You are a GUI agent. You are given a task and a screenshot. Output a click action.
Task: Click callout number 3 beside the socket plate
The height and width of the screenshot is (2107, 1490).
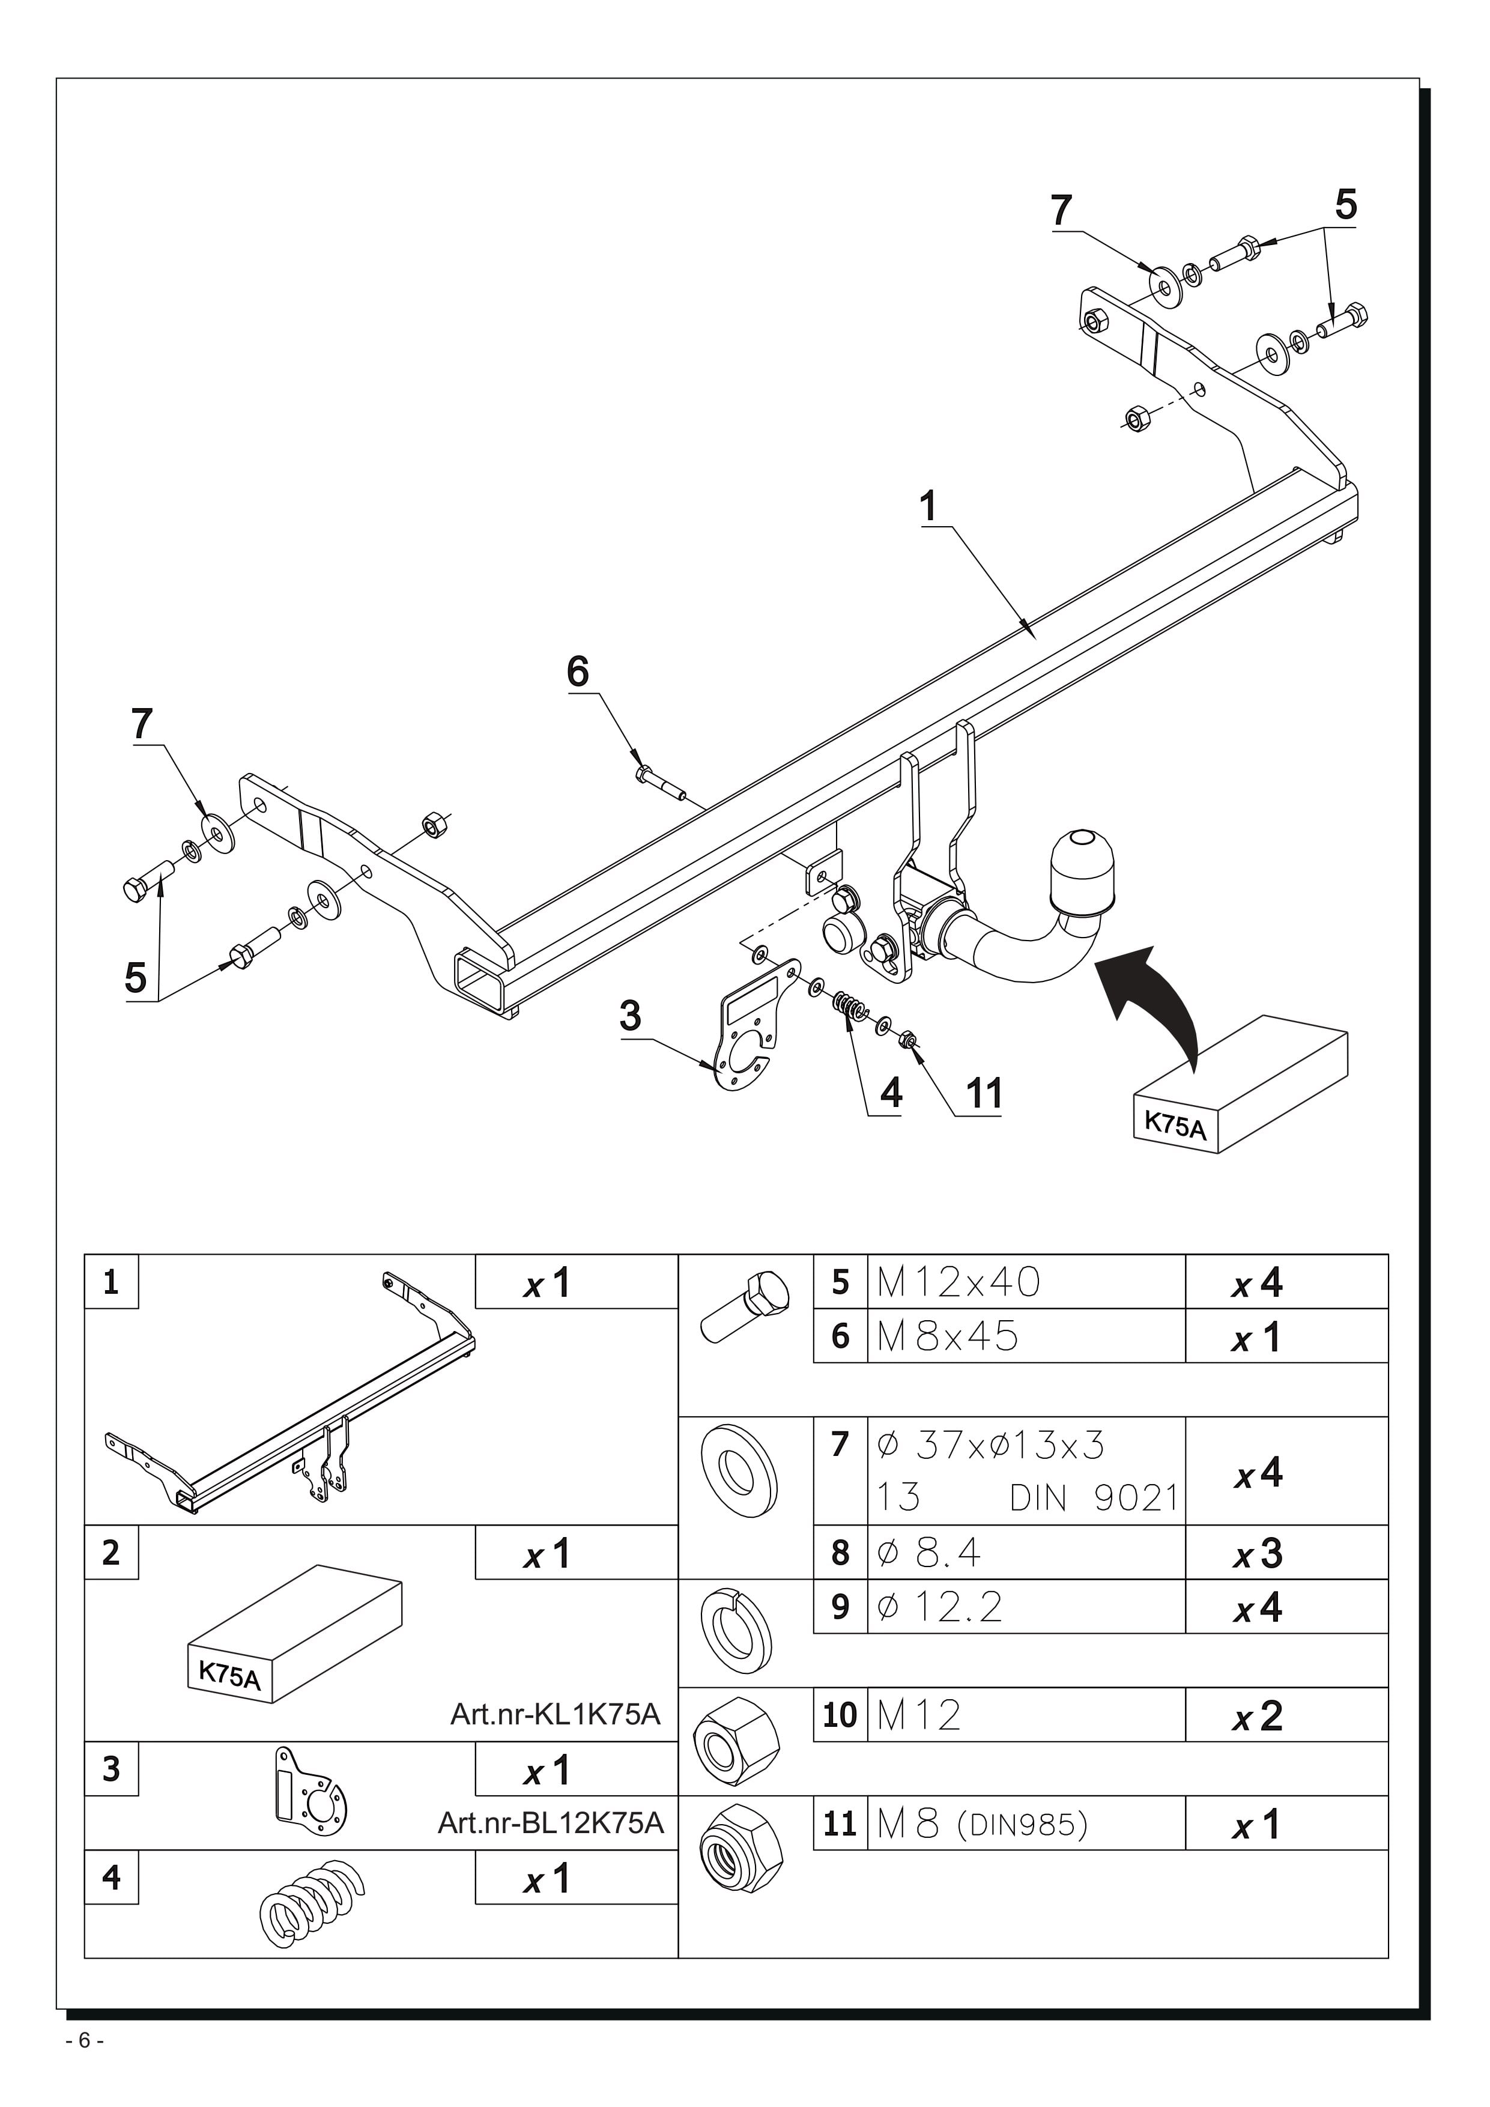631,1016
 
